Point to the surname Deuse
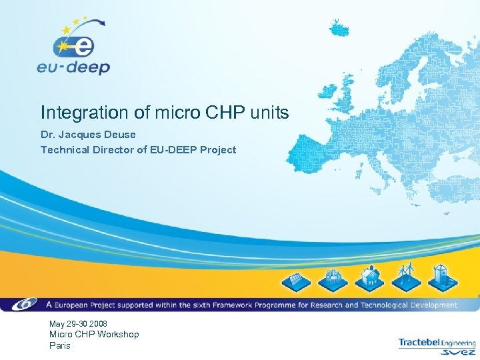(x=119, y=135)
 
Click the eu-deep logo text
(x=73, y=67)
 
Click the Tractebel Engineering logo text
(x=437, y=343)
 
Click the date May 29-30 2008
(x=78, y=323)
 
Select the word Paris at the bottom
(x=59, y=345)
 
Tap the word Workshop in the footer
(x=117, y=334)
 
